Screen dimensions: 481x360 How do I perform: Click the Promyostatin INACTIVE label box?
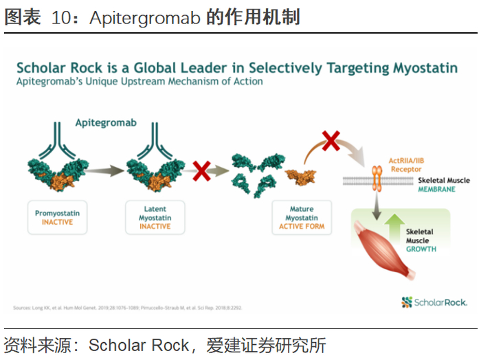pyautogui.click(x=57, y=218)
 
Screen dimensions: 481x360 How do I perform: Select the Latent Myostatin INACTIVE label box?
pyautogui.click(x=155, y=218)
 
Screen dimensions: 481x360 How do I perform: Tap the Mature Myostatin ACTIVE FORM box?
pyautogui.click(x=302, y=218)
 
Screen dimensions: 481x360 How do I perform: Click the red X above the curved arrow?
pyautogui.click(x=331, y=141)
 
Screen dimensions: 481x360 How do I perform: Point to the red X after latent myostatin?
pyautogui.click(x=201, y=170)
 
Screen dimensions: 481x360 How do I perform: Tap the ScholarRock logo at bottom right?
pyautogui.click(x=434, y=302)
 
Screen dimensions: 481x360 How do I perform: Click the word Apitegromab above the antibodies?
pyautogui.click(x=106, y=123)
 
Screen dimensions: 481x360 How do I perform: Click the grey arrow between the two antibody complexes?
pyautogui.click(x=105, y=172)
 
